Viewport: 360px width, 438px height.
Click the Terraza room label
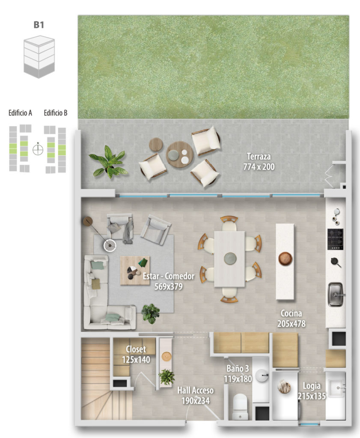pyautogui.click(x=259, y=157)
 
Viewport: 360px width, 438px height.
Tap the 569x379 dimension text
pyautogui.click(x=168, y=287)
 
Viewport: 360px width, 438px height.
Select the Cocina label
pyautogui.click(x=291, y=314)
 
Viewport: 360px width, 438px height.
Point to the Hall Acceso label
pyautogui.click(x=195, y=390)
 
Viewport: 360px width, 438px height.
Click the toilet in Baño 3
pyautogui.click(x=240, y=406)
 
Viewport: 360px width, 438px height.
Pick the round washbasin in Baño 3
pyautogui.click(x=262, y=376)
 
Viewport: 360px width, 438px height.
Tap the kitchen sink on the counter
pyautogui.click(x=336, y=294)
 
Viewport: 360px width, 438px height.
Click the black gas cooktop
pyautogui.click(x=335, y=240)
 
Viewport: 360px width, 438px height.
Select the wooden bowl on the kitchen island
pyautogui.click(x=286, y=258)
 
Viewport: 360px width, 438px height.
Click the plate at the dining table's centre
pyautogui.click(x=230, y=258)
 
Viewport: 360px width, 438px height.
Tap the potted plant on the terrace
pyautogui.click(x=107, y=161)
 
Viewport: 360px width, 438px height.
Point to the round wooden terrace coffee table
pyautogui.click(x=180, y=154)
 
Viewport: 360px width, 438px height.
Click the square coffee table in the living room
pyautogui.click(x=135, y=270)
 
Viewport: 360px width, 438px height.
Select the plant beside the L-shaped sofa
pyautogui.click(x=150, y=314)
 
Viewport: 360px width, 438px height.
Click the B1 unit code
pyautogui.click(x=39, y=25)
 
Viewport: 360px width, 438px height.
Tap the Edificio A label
pyautogui.click(x=20, y=113)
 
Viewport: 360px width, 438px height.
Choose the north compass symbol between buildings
pyautogui.click(x=38, y=149)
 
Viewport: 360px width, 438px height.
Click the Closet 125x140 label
pyautogui.click(x=136, y=354)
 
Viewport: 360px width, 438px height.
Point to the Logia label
pyautogui.click(x=312, y=386)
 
